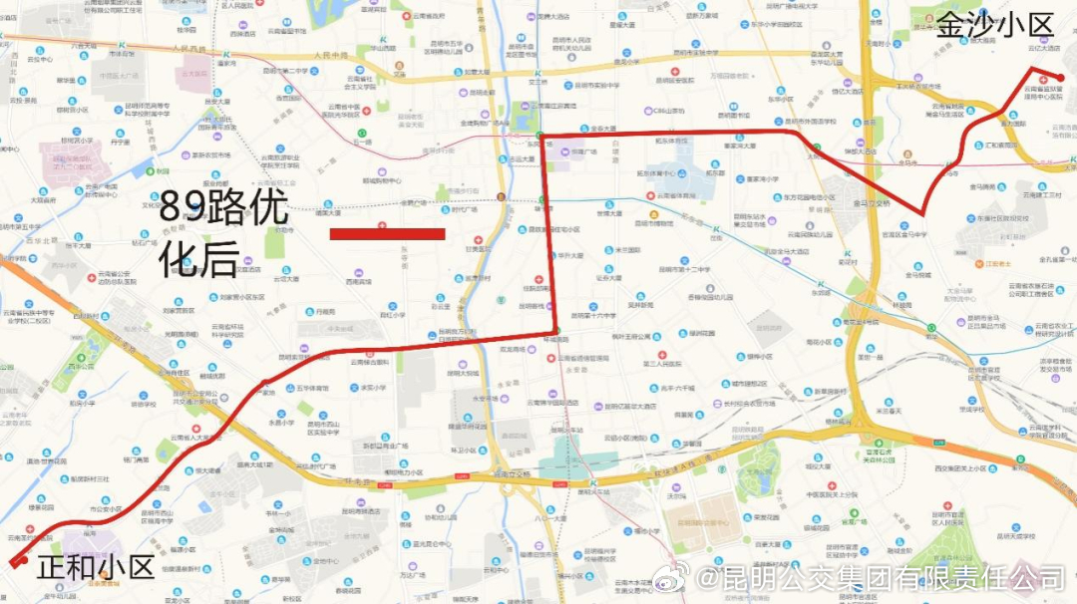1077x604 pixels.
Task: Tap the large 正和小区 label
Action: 96,568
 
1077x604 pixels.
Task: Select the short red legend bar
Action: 387,234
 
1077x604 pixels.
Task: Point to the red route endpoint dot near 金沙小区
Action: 1060,78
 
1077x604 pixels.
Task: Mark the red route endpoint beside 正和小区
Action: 14,564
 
